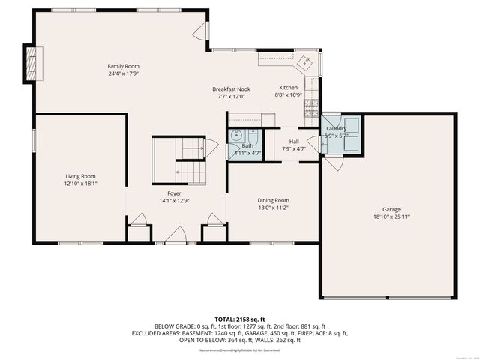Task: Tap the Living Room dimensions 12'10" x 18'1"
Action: coord(80,184)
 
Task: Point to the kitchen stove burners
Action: coord(311,109)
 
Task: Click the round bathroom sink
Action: coord(237,136)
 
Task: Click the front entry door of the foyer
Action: coord(175,235)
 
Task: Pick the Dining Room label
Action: coord(273,200)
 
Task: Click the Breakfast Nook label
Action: coord(231,88)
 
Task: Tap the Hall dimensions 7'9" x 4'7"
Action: coord(294,148)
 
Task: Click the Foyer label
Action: coord(174,193)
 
